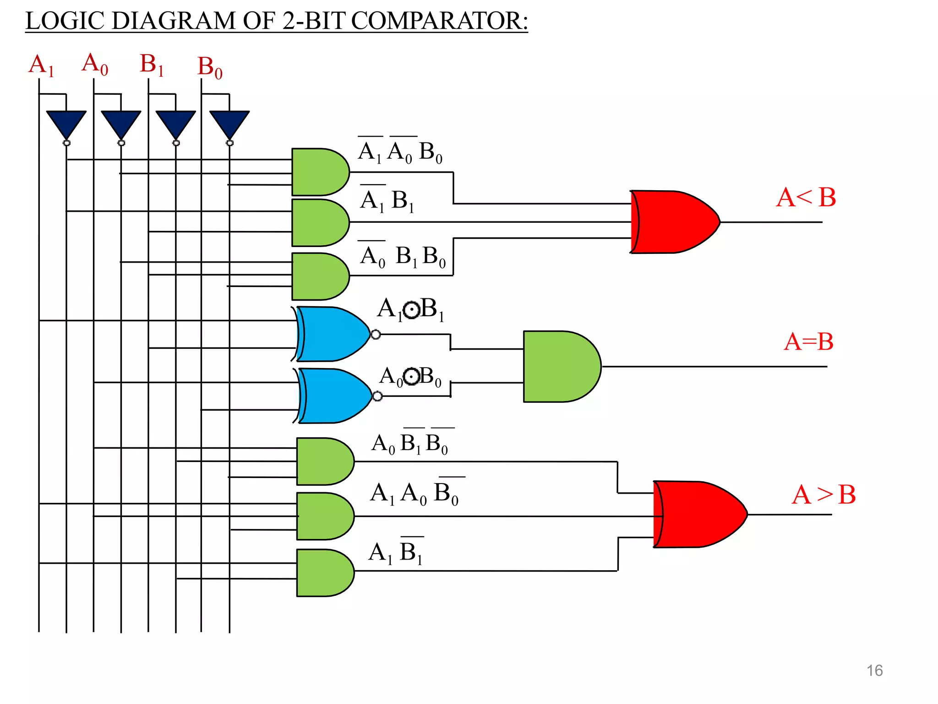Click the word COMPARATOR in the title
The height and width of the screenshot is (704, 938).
click(439, 21)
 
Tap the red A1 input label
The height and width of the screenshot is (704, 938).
click(41, 65)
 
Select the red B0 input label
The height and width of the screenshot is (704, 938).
click(210, 67)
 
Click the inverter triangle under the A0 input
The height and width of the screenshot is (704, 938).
click(121, 123)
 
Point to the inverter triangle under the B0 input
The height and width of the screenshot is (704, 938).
click(229, 123)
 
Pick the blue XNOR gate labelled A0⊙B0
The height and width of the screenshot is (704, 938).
click(335, 396)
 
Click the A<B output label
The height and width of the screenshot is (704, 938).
click(806, 198)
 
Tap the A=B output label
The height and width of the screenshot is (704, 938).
click(808, 342)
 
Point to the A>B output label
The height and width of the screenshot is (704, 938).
click(823, 495)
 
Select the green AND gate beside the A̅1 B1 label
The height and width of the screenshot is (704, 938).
click(319, 223)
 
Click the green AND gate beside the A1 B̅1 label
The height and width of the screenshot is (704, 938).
click(324, 573)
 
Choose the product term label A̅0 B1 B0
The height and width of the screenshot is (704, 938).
click(402, 256)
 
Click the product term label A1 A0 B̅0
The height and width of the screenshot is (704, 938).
click(414, 493)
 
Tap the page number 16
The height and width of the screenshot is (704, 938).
click(874, 671)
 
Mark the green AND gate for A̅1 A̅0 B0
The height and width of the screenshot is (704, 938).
click(319, 172)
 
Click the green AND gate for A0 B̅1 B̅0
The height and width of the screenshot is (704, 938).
click(324, 462)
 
